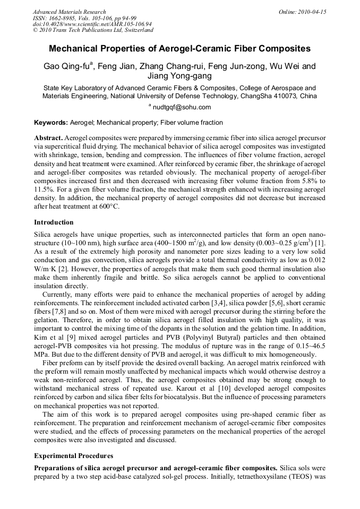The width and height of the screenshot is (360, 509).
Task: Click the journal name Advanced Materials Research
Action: pyautogui.click(x=69, y=12)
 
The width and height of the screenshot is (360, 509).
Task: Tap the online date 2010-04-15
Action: pyautogui.click(x=311, y=12)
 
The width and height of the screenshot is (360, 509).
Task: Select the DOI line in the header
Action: pyautogui.click(x=92, y=24)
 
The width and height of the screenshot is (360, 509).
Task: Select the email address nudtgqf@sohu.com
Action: pyautogui.click(x=183, y=107)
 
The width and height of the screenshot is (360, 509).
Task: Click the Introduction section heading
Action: pyautogui.click(x=54, y=222)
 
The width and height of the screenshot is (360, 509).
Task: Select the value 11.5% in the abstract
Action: pyautogui.click(x=45, y=189)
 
